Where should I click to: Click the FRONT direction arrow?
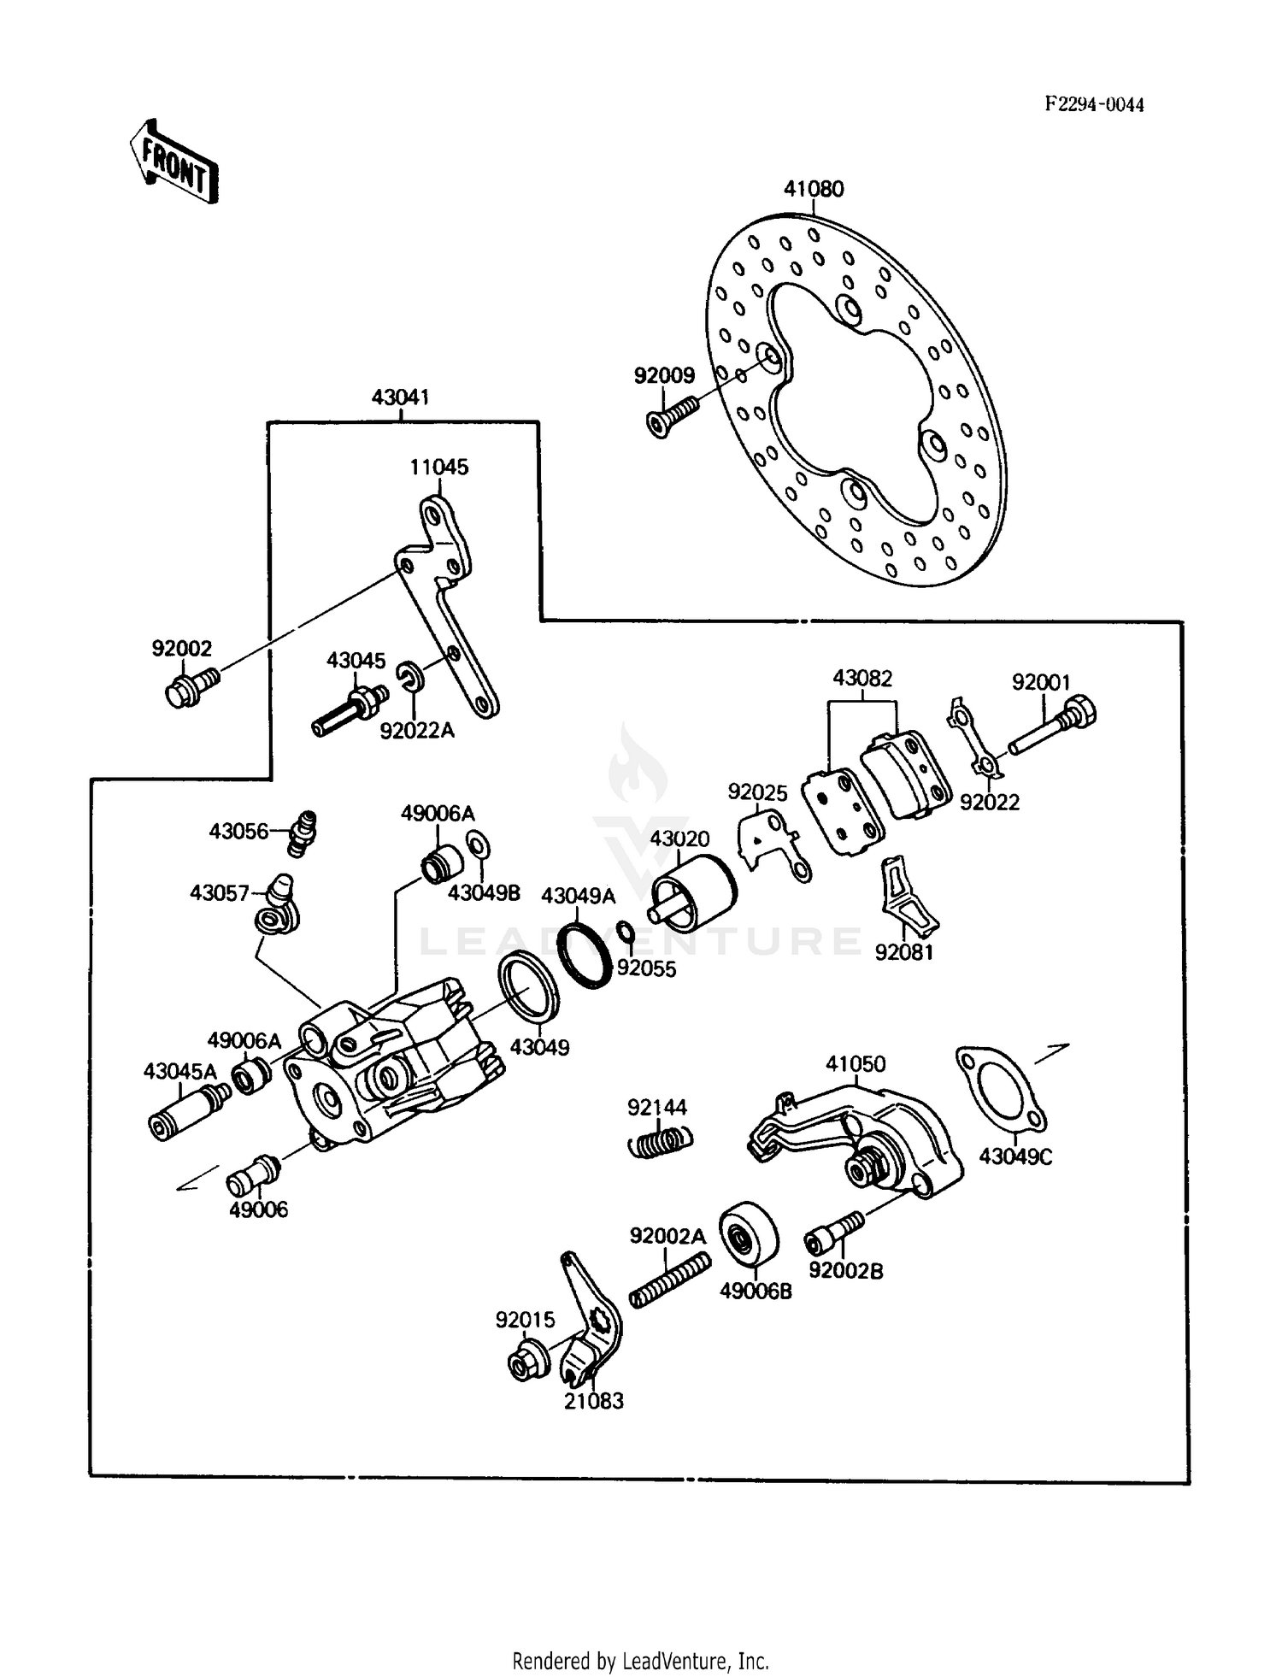[x=173, y=162]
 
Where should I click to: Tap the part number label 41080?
[x=813, y=189]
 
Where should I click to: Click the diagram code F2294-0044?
[x=1094, y=104]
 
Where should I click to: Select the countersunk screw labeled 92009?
[x=671, y=415]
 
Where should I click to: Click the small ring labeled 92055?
[x=625, y=932]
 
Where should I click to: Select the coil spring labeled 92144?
[x=661, y=1141]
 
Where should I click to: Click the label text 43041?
[x=400, y=397]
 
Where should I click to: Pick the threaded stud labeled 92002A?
[x=670, y=1280]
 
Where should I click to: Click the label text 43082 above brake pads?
[x=862, y=679]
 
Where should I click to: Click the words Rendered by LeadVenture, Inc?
[x=640, y=1661]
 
